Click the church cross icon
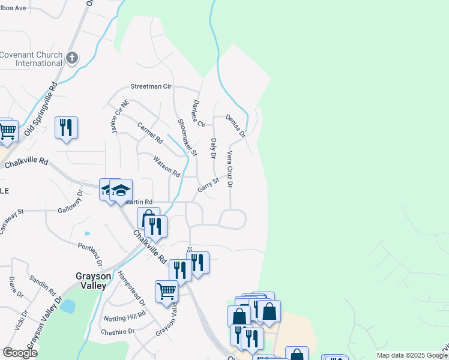coord(72,58)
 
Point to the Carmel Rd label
coord(150,133)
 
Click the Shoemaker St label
coord(187,137)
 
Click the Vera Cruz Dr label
coord(229,169)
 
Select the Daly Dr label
coord(213,148)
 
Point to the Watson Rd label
coord(166,166)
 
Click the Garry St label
coord(208,185)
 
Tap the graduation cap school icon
coord(121,190)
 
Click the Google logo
coord(20,353)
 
